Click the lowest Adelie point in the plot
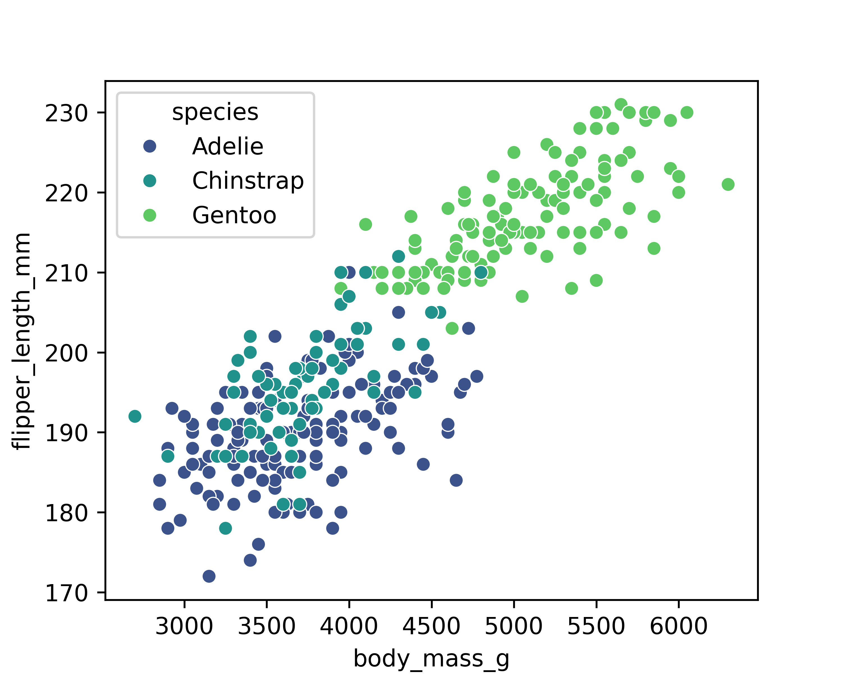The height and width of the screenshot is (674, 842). [x=209, y=576]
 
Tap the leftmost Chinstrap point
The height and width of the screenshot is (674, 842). [x=135, y=416]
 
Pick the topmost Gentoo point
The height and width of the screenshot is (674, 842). [x=621, y=104]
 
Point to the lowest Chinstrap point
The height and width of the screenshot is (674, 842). [x=225, y=528]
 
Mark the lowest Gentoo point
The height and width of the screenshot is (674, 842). [x=452, y=328]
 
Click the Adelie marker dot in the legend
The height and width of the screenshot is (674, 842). [x=150, y=146]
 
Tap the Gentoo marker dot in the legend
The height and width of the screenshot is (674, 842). [x=150, y=215]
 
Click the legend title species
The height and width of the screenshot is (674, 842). [x=215, y=113]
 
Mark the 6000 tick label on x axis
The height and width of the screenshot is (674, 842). [x=679, y=627]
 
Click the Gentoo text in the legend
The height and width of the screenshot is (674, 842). [x=234, y=215]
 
